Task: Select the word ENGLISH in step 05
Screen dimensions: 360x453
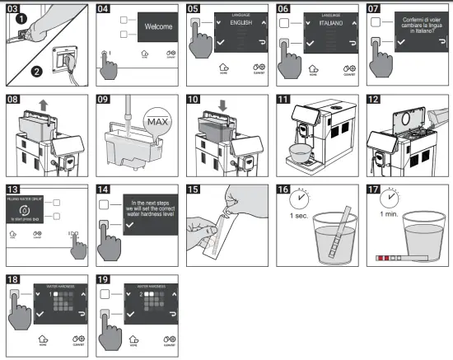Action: click(x=240, y=21)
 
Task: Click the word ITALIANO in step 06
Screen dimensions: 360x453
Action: click(x=329, y=21)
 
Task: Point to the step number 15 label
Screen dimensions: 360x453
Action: click(x=195, y=189)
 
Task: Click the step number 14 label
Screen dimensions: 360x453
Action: click(x=105, y=189)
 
